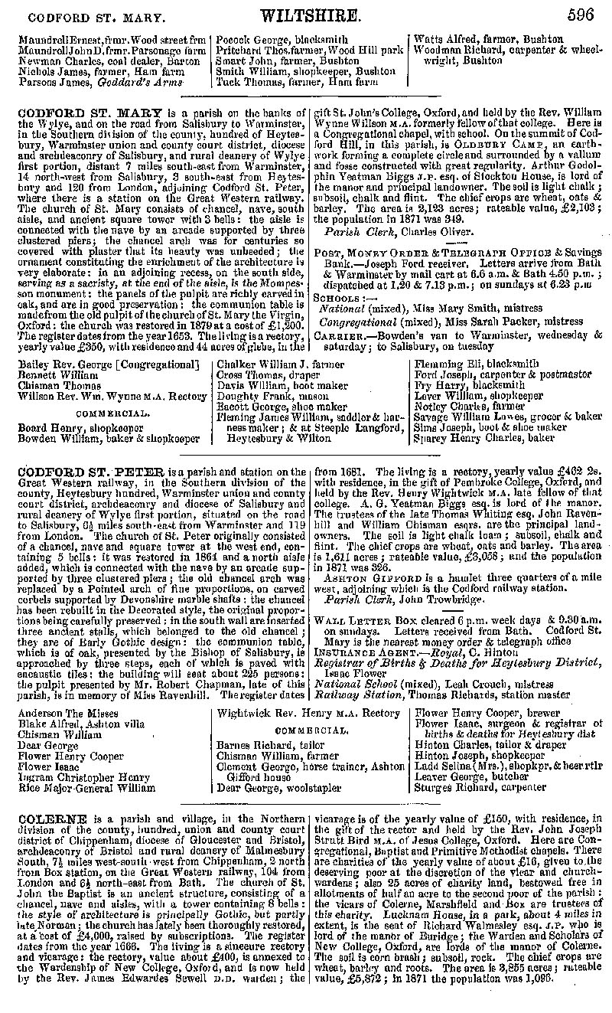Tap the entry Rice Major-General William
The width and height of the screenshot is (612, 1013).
(86, 786)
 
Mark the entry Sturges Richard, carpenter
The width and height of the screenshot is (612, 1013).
(480, 786)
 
